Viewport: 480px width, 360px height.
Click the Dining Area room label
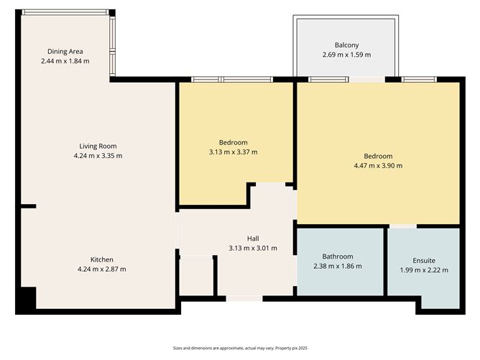(x=65, y=51)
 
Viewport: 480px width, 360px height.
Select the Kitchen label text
(x=101, y=259)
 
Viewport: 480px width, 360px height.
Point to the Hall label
(x=253, y=239)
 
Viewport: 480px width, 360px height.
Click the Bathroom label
(x=337, y=257)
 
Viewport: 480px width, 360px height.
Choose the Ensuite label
(x=424, y=260)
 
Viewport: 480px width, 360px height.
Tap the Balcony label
(x=346, y=45)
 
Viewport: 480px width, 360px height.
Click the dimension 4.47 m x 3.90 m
(x=378, y=166)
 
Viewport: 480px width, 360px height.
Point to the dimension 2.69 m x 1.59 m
(x=346, y=55)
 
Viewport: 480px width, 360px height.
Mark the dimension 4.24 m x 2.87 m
(x=101, y=269)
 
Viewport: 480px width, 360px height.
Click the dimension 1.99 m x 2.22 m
(x=424, y=270)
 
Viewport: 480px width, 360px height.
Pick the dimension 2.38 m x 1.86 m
(x=337, y=267)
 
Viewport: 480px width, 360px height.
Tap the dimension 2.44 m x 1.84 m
(x=65, y=61)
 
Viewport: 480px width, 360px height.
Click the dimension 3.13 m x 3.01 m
(x=253, y=249)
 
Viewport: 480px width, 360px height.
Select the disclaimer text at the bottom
(x=240, y=347)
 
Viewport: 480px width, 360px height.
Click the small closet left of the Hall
(x=196, y=276)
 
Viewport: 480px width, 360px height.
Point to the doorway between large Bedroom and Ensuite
(x=404, y=226)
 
